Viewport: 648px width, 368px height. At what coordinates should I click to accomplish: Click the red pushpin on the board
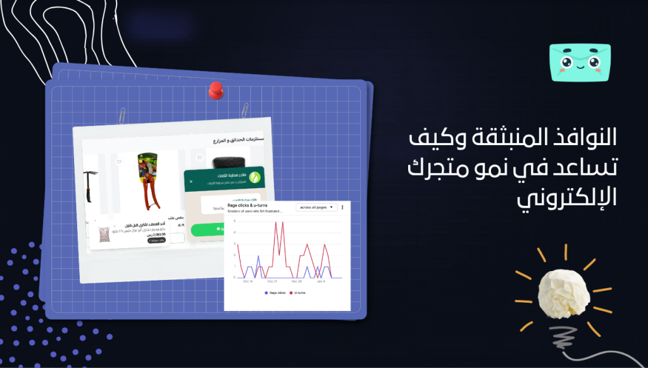(x=216, y=90)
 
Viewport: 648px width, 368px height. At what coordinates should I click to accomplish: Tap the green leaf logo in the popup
(x=256, y=178)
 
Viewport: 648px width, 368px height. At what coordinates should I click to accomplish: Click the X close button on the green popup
(x=191, y=181)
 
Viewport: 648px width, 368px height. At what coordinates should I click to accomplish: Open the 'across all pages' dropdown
(x=316, y=207)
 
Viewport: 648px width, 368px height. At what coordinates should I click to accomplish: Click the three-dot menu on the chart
(x=342, y=207)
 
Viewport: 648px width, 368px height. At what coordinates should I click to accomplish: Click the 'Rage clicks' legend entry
(x=276, y=293)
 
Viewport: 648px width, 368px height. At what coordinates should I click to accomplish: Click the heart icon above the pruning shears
(x=118, y=162)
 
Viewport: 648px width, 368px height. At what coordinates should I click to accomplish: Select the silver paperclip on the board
(x=121, y=115)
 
